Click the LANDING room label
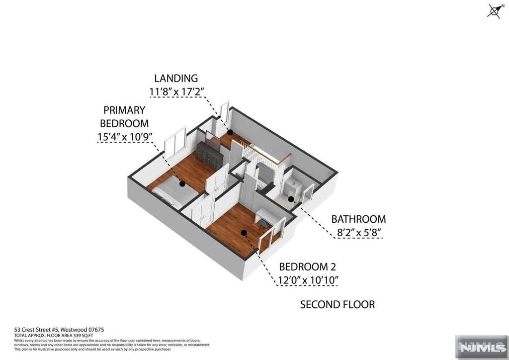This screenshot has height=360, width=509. pyautogui.click(x=176, y=78)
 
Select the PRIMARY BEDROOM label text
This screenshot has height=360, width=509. pyautogui.click(x=124, y=116)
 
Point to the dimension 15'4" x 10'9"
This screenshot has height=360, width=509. pyautogui.click(x=125, y=135)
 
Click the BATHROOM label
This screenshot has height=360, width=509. pyautogui.click(x=358, y=219)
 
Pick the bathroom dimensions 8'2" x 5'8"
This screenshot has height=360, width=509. pyautogui.click(x=358, y=232)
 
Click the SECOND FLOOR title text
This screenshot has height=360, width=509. pyautogui.click(x=337, y=304)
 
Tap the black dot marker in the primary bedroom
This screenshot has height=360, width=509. pyautogui.click(x=182, y=183)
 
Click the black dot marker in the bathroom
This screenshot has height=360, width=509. pyautogui.click(x=291, y=199)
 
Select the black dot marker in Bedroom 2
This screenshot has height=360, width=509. pyautogui.click(x=244, y=232)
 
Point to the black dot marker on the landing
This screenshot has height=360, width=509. pyautogui.click(x=230, y=132)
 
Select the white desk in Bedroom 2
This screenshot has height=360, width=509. pyautogui.click(x=268, y=216)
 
